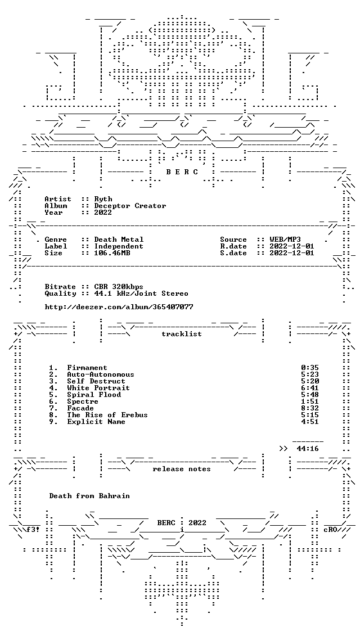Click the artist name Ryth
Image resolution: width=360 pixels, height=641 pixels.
[x=103, y=200]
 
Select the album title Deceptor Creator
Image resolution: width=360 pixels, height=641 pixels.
[x=130, y=206]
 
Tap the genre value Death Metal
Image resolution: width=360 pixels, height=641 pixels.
[x=119, y=240]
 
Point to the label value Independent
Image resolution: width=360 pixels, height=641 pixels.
[x=119, y=246]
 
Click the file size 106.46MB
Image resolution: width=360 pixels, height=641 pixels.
[x=112, y=253]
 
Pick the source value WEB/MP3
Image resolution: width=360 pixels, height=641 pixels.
[x=286, y=240]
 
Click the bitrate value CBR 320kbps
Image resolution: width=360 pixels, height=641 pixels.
[x=119, y=287]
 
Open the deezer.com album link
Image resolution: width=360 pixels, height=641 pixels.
[x=119, y=307]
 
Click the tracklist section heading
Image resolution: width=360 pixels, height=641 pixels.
[x=182, y=334]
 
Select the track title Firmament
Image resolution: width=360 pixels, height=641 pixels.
[x=87, y=368]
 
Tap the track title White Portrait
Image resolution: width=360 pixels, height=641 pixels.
[x=98, y=388]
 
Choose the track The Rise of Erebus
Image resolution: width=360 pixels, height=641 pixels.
[x=107, y=415]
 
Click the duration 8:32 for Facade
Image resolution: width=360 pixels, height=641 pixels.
[x=310, y=408]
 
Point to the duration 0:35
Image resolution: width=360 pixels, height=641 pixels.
[x=310, y=368]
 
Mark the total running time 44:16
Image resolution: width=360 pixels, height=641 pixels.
[x=308, y=449]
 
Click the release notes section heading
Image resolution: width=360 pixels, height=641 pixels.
[x=182, y=470]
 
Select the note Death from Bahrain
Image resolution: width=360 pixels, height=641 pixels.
[x=89, y=496]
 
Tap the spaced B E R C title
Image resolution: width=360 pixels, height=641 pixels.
[x=182, y=172]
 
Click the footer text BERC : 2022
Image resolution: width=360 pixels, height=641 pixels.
[x=182, y=523]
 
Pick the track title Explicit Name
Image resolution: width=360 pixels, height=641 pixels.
[x=96, y=422]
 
